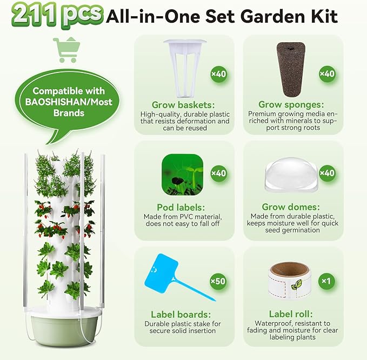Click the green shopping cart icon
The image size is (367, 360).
coord(66,50)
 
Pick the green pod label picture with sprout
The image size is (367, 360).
coord(183,174)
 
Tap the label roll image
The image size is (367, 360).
coord(285,280)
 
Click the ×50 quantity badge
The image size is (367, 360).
coord(218,281)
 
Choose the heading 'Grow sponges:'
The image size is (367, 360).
coord(292,104)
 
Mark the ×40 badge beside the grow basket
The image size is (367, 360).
coord(218,74)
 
